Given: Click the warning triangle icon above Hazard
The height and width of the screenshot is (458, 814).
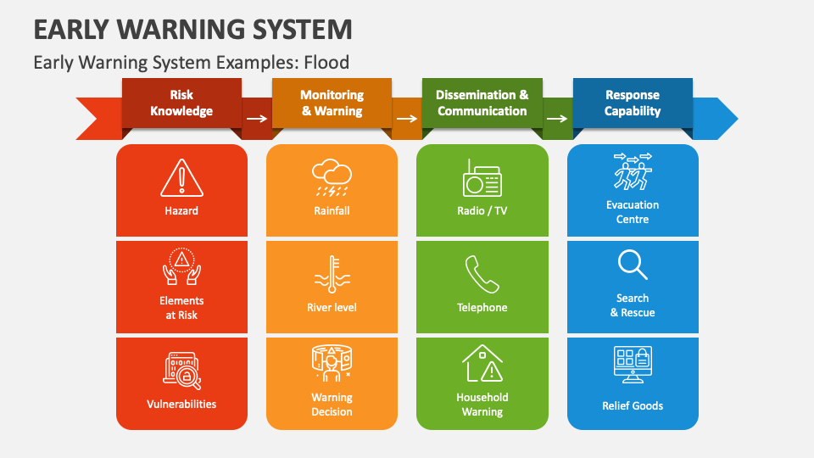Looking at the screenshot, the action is [181, 178].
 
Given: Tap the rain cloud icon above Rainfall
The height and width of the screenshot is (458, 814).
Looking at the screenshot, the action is [332, 177].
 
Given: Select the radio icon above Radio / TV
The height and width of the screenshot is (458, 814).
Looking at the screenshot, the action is [482, 178].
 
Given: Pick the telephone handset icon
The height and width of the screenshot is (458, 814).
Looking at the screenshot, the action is [482, 274].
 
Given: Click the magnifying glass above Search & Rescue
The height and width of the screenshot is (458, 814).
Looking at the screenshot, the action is [633, 265].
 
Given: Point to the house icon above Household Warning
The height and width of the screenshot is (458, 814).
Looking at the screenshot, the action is [482, 363].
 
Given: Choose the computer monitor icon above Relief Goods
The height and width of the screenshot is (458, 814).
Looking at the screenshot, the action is [633, 365].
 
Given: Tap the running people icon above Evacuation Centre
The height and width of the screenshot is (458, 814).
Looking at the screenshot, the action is [633, 171].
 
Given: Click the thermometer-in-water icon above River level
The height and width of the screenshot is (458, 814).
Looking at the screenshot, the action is [332, 274].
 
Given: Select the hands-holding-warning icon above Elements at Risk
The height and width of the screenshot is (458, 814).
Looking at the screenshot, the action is [181, 266].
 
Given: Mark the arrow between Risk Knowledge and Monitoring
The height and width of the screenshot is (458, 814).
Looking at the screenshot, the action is [256, 119].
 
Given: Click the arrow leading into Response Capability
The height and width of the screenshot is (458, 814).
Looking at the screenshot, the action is [557, 119].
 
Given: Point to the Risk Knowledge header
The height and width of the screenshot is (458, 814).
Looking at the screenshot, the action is [181, 103].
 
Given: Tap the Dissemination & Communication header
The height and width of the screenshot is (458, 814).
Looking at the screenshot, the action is [482, 103].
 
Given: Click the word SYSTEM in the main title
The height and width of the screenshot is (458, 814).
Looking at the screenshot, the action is [302, 30].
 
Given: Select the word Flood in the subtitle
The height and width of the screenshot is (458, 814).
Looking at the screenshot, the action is [326, 62].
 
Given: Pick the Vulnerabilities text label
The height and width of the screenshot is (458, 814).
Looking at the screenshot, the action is [181, 404].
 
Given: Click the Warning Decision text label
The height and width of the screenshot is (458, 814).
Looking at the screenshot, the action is [332, 405].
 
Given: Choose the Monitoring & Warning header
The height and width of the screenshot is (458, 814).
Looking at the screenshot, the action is [332, 103].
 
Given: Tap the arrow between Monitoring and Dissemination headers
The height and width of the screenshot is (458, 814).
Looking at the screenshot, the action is [407, 119].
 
